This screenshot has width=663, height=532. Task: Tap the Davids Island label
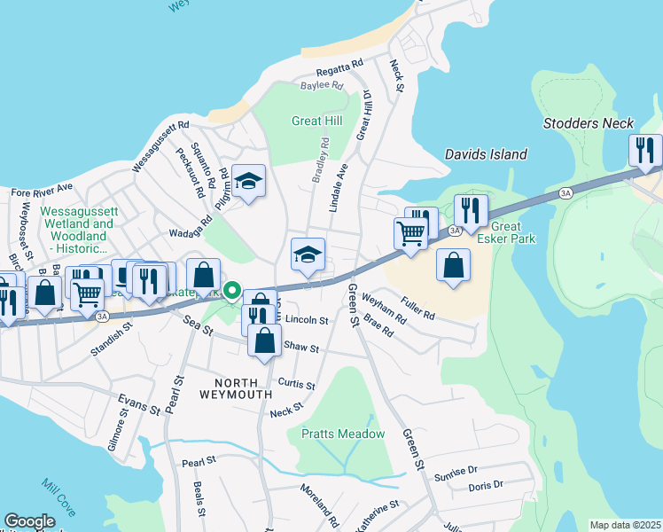pos(486,154)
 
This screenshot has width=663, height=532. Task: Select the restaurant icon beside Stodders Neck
pos(645,151)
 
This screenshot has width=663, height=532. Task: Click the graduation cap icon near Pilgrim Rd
pos(250,182)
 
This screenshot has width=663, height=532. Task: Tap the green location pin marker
pos(232,290)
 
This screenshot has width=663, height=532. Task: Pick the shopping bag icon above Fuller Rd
pos(453,265)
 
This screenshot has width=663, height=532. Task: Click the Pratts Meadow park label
pos(343,434)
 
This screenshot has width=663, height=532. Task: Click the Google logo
pos(29,521)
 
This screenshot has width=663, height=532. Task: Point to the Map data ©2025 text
pos(626,525)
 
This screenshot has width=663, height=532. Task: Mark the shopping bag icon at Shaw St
pos(264,340)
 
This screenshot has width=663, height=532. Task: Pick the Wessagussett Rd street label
pos(160,146)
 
